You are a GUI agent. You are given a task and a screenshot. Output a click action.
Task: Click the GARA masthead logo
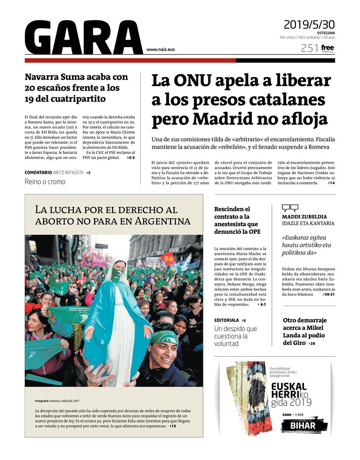(x=83, y=37)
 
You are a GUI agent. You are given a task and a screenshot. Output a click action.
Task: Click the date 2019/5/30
(x=309, y=24)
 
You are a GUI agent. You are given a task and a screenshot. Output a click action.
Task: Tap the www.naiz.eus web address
(x=160, y=50)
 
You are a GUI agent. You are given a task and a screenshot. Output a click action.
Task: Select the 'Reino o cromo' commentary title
(x=45, y=182)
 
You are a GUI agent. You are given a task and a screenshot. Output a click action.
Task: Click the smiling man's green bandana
(x=164, y=337)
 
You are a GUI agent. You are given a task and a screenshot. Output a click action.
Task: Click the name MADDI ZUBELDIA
(x=304, y=216)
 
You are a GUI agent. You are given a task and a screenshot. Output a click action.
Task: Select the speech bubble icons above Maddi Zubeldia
(x=290, y=208)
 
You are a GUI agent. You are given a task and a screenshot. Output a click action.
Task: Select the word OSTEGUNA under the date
(x=325, y=33)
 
